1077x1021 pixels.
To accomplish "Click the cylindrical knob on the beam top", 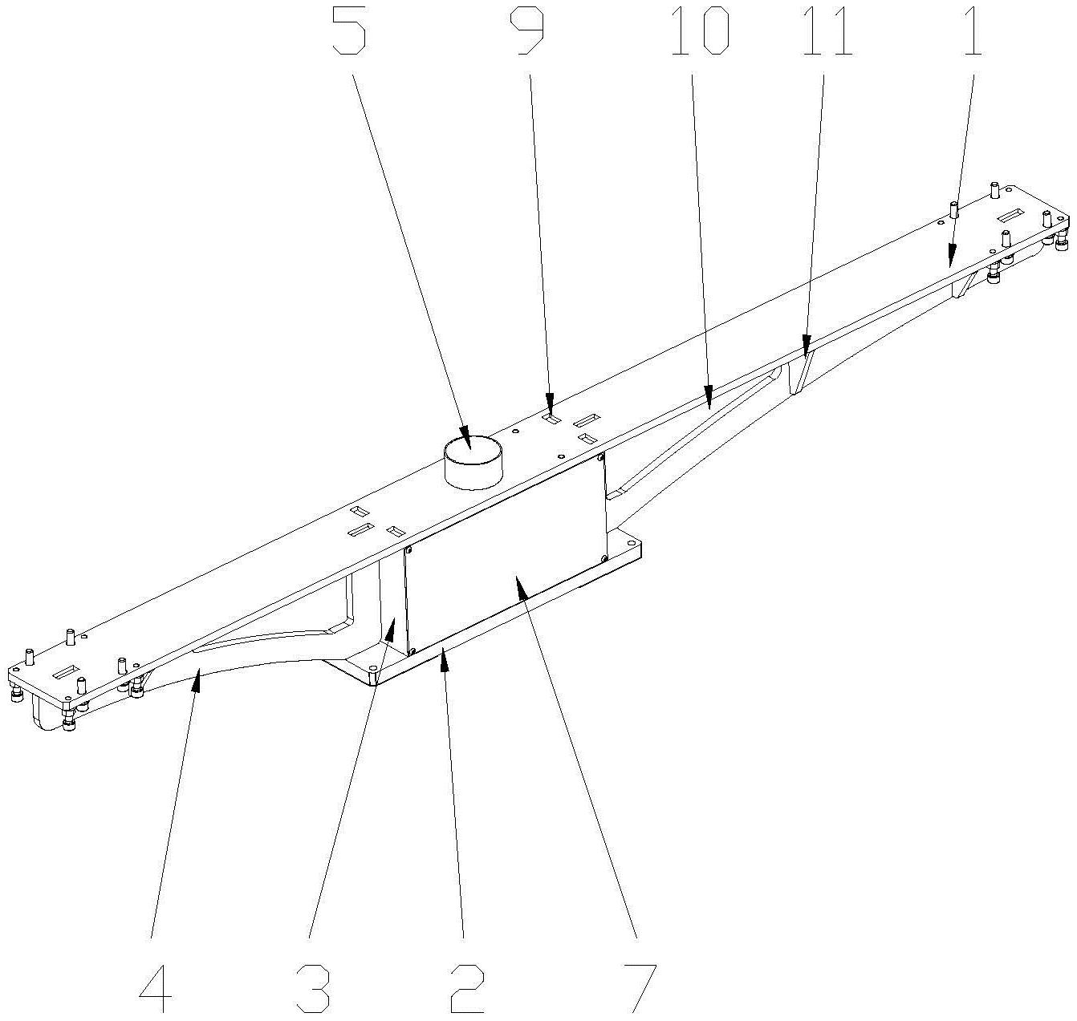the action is [x=472, y=463].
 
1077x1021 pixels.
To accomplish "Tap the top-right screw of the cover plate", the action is [x=601, y=456].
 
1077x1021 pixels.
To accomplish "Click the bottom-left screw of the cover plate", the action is [x=412, y=651].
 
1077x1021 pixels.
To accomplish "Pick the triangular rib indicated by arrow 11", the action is [x=801, y=371].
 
